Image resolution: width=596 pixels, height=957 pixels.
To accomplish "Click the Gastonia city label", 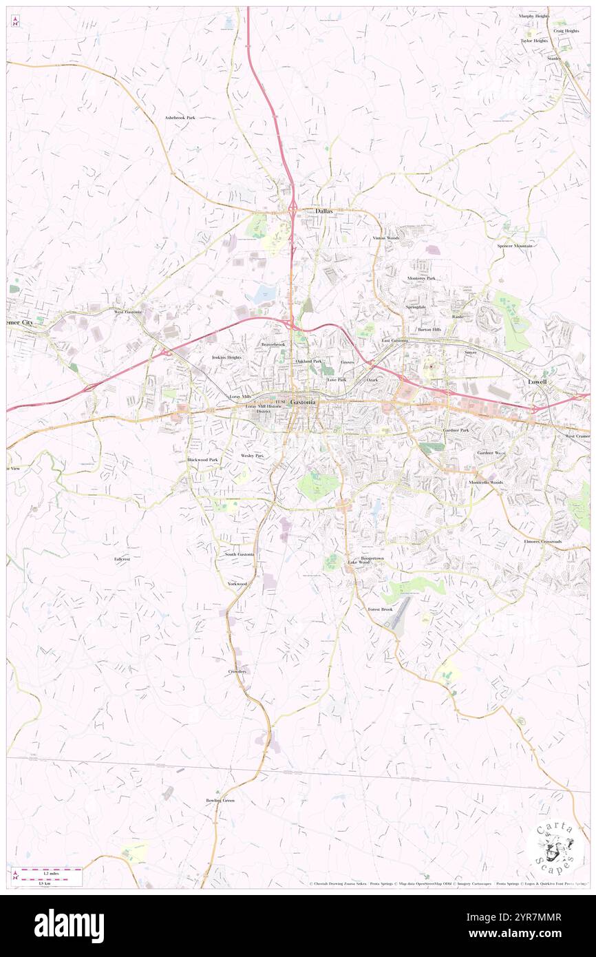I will [x=303, y=401].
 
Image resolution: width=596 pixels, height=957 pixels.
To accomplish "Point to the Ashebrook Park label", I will [x=180, y=118].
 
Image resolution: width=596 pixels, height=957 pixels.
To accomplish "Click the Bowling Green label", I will [x=220, y=800].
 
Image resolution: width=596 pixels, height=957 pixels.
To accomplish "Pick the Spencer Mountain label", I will [x=515, y=246].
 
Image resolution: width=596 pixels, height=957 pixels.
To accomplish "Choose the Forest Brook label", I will [x=380, y=609].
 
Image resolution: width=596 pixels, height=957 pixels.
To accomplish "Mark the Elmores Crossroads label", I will [x=542, y=541].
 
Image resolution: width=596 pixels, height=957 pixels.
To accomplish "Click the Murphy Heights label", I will [x=534, y=15].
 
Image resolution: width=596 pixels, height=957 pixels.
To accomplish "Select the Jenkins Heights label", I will [x=226, y=357].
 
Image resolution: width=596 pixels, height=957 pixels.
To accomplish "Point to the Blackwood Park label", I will [x=202, y=459].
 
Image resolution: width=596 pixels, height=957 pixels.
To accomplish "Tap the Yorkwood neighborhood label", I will [x=237, y=584].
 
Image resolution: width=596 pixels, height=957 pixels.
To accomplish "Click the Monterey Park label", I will [x=421, y=277].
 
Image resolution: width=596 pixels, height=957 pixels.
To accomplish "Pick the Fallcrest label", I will [x=123, y=559].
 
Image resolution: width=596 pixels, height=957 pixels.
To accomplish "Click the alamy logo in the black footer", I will [x=69, y=925].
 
